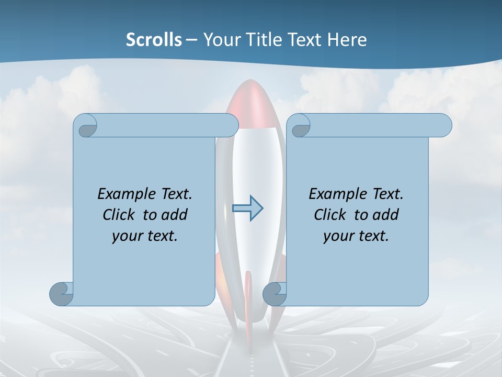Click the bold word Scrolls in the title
tap(154, 40)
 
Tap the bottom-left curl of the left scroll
tap(62, 294)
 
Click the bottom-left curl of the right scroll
tap(275, 294)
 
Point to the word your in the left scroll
tap(127, 236)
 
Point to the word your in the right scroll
tap(338, 236)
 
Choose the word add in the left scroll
tap(175, 215)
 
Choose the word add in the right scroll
tap(386, 215)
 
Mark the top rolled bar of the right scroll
tap(376, 125)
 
